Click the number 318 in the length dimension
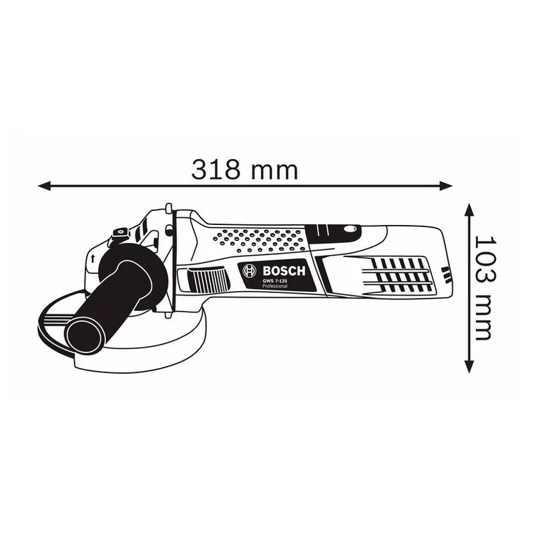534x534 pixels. tap(216, 170)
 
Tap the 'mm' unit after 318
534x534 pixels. tap(274, 172)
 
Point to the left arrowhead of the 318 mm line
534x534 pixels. tap(44, 186)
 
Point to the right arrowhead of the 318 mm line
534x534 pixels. tap(446, 186)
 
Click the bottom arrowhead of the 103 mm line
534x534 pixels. tap(469, 366)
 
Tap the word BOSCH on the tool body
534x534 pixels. tap(284, 271)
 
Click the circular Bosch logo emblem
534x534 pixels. tap(249, 271)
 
